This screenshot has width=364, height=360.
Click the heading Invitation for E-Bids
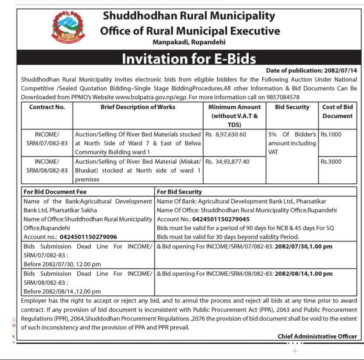pyautogui.click(x=189, y=59)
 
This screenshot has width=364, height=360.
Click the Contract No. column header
pyautogui.click(x=47, y=107)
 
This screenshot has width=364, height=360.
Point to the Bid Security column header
pyautogui.click(x=292, y=107)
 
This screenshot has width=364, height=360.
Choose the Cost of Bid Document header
pyautogui.click(x=337, y=112)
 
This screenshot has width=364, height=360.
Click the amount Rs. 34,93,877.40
pyautogui.click(x=227, y=161)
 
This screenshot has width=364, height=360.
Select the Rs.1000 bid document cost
pyautogui.click(x=331, y=134)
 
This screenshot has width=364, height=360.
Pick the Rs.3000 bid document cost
pyautogui.click(x=331, y=161)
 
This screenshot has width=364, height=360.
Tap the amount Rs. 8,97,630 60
pyautogui.click(x=225, y=134)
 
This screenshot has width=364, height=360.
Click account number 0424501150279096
pyautogui.click(x=88, y=237)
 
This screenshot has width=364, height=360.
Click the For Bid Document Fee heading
pyautogui.click(x=55, y=192)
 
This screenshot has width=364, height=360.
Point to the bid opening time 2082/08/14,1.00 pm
pyautogui.click(x=303, y=274)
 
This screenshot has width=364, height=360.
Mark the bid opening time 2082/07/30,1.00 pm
pyautogui.click(x=303, y=247)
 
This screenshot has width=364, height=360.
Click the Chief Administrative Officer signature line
pyautogui.click(x=317, y=336)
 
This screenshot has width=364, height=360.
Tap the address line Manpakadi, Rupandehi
pyautogui.click(x=189, y=42)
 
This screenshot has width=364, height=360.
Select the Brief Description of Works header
pyautogui.click(x=138, y=107)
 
